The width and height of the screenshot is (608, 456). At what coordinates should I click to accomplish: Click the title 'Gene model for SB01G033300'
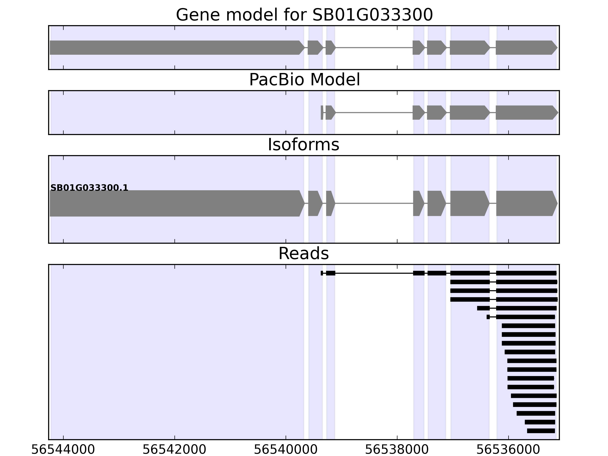tap(304, 15)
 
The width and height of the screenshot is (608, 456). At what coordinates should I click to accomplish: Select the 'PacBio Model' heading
tap(304, 80)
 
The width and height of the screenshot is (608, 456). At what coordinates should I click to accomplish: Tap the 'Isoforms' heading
tap(303, 145)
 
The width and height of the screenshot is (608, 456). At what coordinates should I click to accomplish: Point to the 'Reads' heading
tap(303, 253)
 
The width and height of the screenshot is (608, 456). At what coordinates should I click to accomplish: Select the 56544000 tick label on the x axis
tap(63, 450)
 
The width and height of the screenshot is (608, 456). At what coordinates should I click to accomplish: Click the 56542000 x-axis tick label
tap(175, 450)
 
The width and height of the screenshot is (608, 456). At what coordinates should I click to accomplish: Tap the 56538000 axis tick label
tap(397, 450)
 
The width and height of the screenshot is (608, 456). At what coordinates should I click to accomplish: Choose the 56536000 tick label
tap(508, 450)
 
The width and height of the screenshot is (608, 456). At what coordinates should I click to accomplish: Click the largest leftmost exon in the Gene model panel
tap(176, 47)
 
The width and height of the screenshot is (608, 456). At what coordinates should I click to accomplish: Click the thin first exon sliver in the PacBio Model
tap(322, 112)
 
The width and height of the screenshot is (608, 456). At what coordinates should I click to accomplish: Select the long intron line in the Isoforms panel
tap(374, 203)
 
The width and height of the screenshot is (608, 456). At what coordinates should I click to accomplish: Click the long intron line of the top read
tap(374, 273)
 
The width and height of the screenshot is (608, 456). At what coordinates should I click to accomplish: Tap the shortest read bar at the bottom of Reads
tap(541, 431)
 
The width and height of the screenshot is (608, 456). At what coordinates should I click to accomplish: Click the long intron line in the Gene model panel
tap(374, 47)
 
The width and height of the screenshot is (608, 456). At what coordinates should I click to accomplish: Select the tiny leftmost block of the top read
tap(322, 273)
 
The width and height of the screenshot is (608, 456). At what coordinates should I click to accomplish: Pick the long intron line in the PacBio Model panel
tap(374, 112)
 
